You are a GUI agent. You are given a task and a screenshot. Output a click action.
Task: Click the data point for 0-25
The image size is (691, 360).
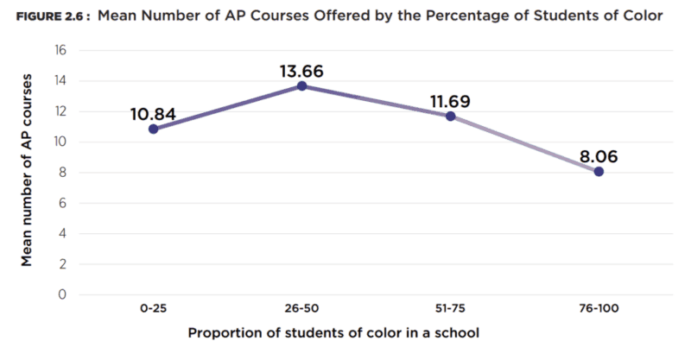point(153,129)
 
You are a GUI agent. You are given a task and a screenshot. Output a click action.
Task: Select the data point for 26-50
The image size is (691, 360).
point(301,85)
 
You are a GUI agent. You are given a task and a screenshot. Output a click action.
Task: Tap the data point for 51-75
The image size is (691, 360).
point(450,116)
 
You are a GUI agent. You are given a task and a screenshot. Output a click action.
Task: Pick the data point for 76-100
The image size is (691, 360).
point(599,171)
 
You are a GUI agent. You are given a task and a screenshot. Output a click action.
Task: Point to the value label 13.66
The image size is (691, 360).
point(301,69)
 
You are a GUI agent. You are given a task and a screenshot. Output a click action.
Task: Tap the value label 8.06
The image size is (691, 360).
point(599,155)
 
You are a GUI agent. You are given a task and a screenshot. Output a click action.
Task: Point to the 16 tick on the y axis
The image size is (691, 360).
point(60,50)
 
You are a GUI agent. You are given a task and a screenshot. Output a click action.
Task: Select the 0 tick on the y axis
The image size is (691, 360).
point(63,294)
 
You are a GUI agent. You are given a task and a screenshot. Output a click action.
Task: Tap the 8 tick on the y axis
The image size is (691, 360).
point(63,173)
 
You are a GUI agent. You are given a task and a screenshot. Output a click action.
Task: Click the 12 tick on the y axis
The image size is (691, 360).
point(60,111)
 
